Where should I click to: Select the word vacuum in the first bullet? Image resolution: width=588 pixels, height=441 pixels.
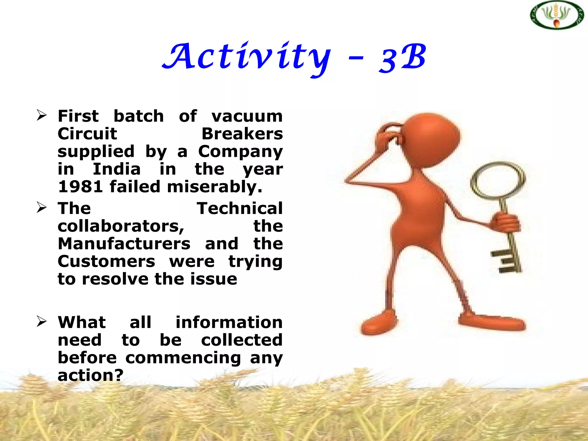pyautogui.click(x=247, y=116)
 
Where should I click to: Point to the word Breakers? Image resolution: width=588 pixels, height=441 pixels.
pyautogui.click(x=242, y=134)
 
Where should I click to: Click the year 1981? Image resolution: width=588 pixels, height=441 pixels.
pyautogui.click(x=80, y=187)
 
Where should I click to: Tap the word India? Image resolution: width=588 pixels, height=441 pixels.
pyautogui.click(x=117, y=169)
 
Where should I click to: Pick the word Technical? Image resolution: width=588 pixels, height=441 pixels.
pyautogui.click(x=240, y=208)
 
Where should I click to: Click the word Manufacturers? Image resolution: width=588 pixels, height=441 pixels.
pyautogui.click(x=124, y=244)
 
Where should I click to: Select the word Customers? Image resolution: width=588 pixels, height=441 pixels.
pyautogui.click(x=106, y=262)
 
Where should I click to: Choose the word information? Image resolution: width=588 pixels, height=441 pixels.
pyautogui.click(x=229, y=322)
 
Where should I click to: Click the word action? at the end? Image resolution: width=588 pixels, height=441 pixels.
pyautogui.click(x=90, y=375)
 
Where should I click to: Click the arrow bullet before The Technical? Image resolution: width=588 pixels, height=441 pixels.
pyautogui.click(x=42, y=208)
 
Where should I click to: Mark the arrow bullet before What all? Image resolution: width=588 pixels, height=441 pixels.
pyautogui.click(x=42, y=322)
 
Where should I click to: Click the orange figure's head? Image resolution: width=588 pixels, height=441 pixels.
pyautogui.click(x=431, y=138)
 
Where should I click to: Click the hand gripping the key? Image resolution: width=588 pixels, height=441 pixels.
pyautogui.click(x=505, y=223)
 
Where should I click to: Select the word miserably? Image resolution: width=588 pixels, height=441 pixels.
pyautogui.click(x=214, y=187)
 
